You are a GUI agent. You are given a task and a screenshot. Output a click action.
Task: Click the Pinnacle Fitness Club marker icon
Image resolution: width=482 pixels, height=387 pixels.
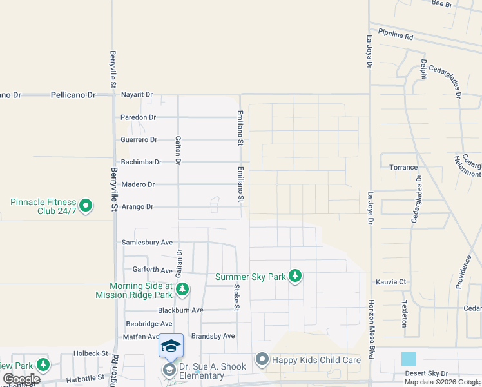(85, 206)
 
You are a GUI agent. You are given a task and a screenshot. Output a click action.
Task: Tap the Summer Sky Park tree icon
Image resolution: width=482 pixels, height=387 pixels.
(295, 276)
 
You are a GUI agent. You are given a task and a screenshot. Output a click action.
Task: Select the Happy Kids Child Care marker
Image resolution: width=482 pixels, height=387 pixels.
(262, 359)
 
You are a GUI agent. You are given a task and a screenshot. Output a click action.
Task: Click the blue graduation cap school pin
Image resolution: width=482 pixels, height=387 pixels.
(171, 346)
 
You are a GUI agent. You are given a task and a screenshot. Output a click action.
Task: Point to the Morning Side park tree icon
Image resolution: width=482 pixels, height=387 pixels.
(183, 290)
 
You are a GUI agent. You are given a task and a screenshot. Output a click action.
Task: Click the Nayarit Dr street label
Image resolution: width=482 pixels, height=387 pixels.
(137, 95)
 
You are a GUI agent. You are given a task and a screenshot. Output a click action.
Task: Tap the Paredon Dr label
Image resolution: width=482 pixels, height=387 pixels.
(139, 117)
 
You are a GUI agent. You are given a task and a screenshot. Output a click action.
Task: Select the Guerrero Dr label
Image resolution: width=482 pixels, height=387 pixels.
(139, 140)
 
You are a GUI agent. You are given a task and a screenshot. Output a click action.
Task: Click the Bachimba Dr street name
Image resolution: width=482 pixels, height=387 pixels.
(139, 162)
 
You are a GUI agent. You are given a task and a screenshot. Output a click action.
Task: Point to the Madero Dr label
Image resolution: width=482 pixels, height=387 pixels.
(138, 184)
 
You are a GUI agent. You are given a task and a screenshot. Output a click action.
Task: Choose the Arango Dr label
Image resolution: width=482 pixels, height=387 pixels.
(137, 207)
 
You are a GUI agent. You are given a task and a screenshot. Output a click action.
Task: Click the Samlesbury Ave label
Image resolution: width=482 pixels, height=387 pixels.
(147, 243)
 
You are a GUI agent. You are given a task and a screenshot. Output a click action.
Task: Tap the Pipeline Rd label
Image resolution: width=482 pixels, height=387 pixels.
(396, 34)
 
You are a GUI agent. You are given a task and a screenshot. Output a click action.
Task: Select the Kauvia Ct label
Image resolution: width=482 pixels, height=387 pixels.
(391, 282)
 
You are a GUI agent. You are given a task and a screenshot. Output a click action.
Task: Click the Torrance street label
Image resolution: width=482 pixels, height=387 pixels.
(403, 168)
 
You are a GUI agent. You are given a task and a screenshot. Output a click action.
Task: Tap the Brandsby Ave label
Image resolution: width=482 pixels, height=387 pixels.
(213, 336)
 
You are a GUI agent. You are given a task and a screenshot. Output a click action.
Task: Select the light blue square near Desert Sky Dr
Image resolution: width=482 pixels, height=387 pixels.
(409, 359)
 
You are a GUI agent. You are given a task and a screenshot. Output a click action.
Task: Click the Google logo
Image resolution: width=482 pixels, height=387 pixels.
(21, 379)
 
